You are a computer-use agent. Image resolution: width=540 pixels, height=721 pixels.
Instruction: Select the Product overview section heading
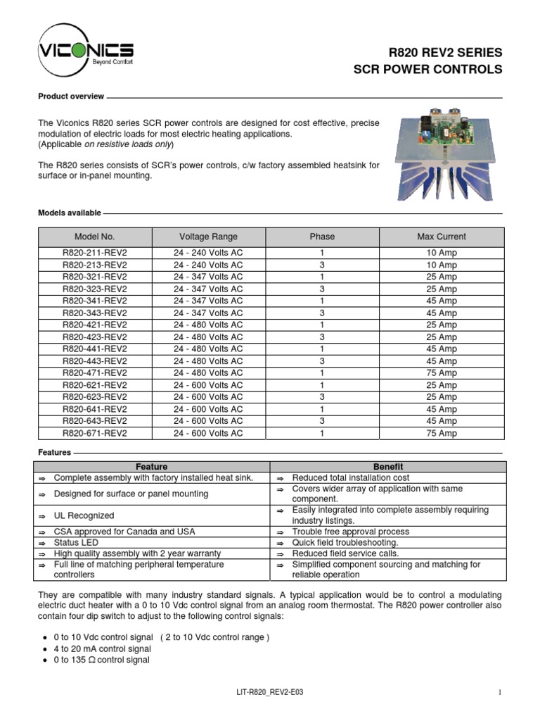point(71,96)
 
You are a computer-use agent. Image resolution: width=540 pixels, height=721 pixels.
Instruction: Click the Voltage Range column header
point(208,237)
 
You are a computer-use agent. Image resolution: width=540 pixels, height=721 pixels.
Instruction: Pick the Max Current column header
point(441,237)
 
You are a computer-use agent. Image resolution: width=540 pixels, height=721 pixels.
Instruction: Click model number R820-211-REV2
point(95,253)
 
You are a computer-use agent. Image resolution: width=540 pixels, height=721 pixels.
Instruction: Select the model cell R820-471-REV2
point(95,372)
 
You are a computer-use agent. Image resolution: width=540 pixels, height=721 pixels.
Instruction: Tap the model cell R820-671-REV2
point(95,433)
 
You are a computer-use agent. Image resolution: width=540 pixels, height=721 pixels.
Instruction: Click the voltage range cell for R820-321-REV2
point(208,277)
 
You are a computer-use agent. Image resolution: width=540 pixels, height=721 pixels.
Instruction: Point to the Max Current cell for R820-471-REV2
point(441,372)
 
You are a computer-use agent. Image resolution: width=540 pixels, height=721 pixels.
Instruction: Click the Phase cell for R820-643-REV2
point(322,421)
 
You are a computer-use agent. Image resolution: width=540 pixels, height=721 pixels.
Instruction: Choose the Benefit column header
point(387,466)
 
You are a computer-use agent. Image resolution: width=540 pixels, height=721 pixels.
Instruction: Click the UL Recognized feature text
point(84,515)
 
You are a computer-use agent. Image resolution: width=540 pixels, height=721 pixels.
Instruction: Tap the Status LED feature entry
point(77,543)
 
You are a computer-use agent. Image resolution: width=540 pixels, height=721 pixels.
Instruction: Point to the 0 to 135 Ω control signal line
point(101,660)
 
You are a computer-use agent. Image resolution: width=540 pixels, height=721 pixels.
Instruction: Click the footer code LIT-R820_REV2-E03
point(270,693)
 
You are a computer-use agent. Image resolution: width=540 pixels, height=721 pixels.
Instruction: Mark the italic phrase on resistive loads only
point(128,144)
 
